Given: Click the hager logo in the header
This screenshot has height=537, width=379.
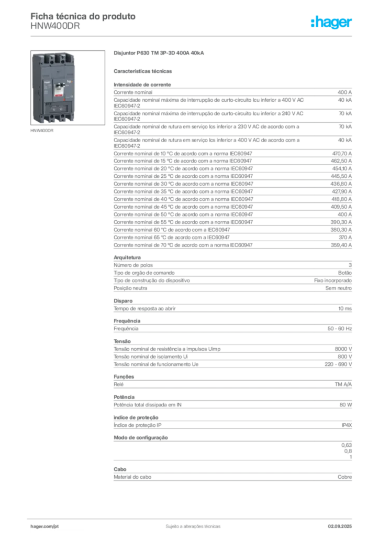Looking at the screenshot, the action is pos(331,22).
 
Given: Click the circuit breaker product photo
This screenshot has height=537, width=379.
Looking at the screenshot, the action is pos(68,88).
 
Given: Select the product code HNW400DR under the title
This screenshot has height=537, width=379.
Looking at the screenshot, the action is pos(55,26).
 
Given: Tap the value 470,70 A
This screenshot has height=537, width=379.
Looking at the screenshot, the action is pos(342,154).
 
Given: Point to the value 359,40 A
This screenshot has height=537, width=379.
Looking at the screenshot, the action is pos(341,245).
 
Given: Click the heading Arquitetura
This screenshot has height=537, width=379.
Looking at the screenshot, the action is pos(127,257).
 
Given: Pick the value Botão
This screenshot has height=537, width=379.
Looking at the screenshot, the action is pos(345,273).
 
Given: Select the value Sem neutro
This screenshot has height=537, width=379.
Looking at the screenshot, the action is pos(338,288).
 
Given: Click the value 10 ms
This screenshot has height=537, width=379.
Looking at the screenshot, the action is pos(345,308).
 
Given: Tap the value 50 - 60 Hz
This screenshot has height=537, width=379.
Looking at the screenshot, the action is pos(339,328).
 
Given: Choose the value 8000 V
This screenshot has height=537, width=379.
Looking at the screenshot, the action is pos(343,349).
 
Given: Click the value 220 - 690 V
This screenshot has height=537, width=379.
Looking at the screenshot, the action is pos(338,364).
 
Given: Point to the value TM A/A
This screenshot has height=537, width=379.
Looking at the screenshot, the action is pos(343,384).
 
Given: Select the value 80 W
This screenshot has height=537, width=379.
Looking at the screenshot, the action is pos(345,404).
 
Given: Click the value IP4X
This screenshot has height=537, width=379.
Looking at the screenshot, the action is pos(347,425).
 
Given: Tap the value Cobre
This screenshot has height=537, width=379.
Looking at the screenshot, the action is pos(344,477).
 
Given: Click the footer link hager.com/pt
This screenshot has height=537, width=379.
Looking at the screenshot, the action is pos(44,527).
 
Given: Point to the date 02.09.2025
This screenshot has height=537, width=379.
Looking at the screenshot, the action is pos(340,527).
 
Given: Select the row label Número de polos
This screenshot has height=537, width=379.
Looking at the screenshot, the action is pos(133,265).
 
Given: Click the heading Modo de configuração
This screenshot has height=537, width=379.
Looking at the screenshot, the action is pos(141,437).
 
